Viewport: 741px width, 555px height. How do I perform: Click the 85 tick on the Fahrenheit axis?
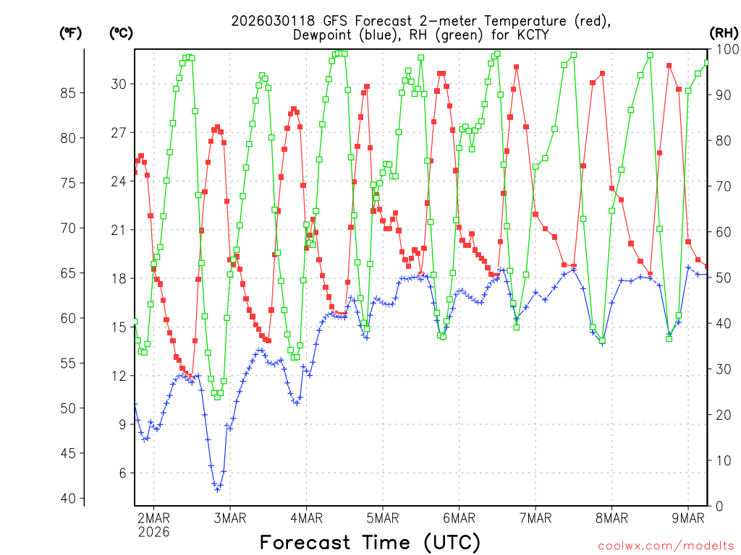pyautogui.click(x=69, y=93)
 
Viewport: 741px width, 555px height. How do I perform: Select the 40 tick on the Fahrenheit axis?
pyautogui.click(x=69, y=499)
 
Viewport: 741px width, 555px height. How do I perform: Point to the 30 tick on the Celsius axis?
pyautogui.click(x=119, y=84)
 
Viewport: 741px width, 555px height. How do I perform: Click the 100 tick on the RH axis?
pyautogui.click(x=726, y=49)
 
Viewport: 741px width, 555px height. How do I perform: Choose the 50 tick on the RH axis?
pyautogui.click(x=723, y=277)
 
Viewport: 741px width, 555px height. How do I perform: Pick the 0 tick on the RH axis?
pyautogui.click(x=719, y=506)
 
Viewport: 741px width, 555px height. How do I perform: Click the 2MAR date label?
pyautogui.click(x=153, y=517)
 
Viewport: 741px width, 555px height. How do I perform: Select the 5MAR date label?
pyautogui.click(x=382, y=517)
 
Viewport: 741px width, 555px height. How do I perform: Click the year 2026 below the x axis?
pyautogui.click(x=153, y=532)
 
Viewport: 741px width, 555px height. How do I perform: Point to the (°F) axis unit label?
pyautogui.click(x=70, y=33)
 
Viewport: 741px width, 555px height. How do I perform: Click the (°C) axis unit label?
pyautogui.click(x=121, y=33)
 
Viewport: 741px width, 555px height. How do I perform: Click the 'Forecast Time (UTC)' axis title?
pyautogui.click(x=370, y=542)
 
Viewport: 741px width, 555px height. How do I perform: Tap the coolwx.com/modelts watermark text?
pyautogui.click(x=664, y=544)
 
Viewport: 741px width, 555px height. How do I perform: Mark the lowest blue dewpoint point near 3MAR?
pyautogui.click(x=217, y=490)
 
